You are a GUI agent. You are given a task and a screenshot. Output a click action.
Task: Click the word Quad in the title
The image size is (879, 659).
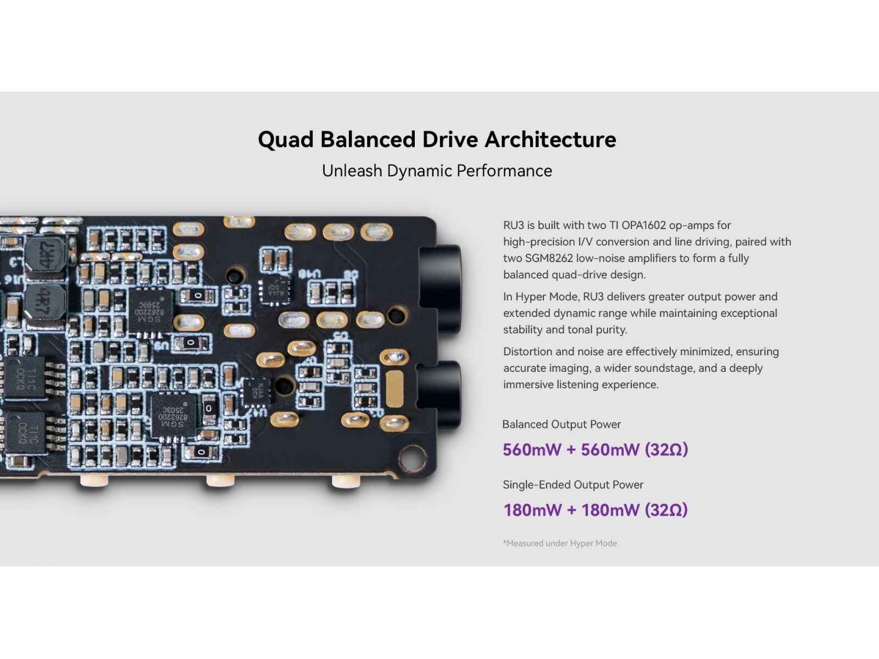[285, 139]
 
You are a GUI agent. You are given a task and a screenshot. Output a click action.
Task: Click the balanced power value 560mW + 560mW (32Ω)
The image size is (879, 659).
[595, 450]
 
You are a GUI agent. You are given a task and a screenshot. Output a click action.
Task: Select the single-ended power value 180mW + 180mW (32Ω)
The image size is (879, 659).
[595, 510]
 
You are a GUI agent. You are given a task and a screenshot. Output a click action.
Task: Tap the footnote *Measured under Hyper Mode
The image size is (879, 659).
[559, 543]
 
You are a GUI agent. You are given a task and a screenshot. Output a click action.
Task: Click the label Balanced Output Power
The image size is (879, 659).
[561, 425]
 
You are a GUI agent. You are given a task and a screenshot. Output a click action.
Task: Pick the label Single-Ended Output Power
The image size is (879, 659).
[572, 485]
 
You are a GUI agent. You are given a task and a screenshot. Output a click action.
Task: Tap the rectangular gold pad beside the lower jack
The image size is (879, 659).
[394, 389]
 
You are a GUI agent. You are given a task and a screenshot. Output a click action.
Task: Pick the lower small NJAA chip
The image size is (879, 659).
[254, 391]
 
